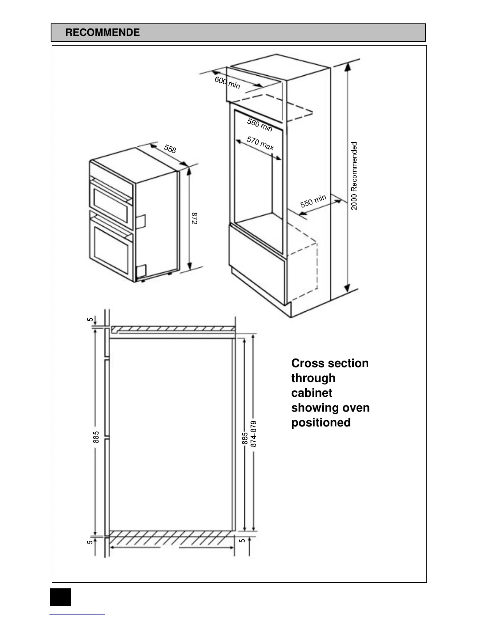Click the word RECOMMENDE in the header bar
(102, 32)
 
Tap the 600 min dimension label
(227, 83)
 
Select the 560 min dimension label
(260, 125)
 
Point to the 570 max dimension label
(260, 143)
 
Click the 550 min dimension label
(313, 201)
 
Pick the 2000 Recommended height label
(354, 176)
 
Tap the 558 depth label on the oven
(170, 149)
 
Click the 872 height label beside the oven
(194, 218)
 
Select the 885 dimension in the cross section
(96, 437)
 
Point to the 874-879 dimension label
(254, 434)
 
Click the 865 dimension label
(245, 438)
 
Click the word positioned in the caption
(321, 423)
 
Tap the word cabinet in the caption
(311, 393)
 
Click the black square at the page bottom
(60, 597)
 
